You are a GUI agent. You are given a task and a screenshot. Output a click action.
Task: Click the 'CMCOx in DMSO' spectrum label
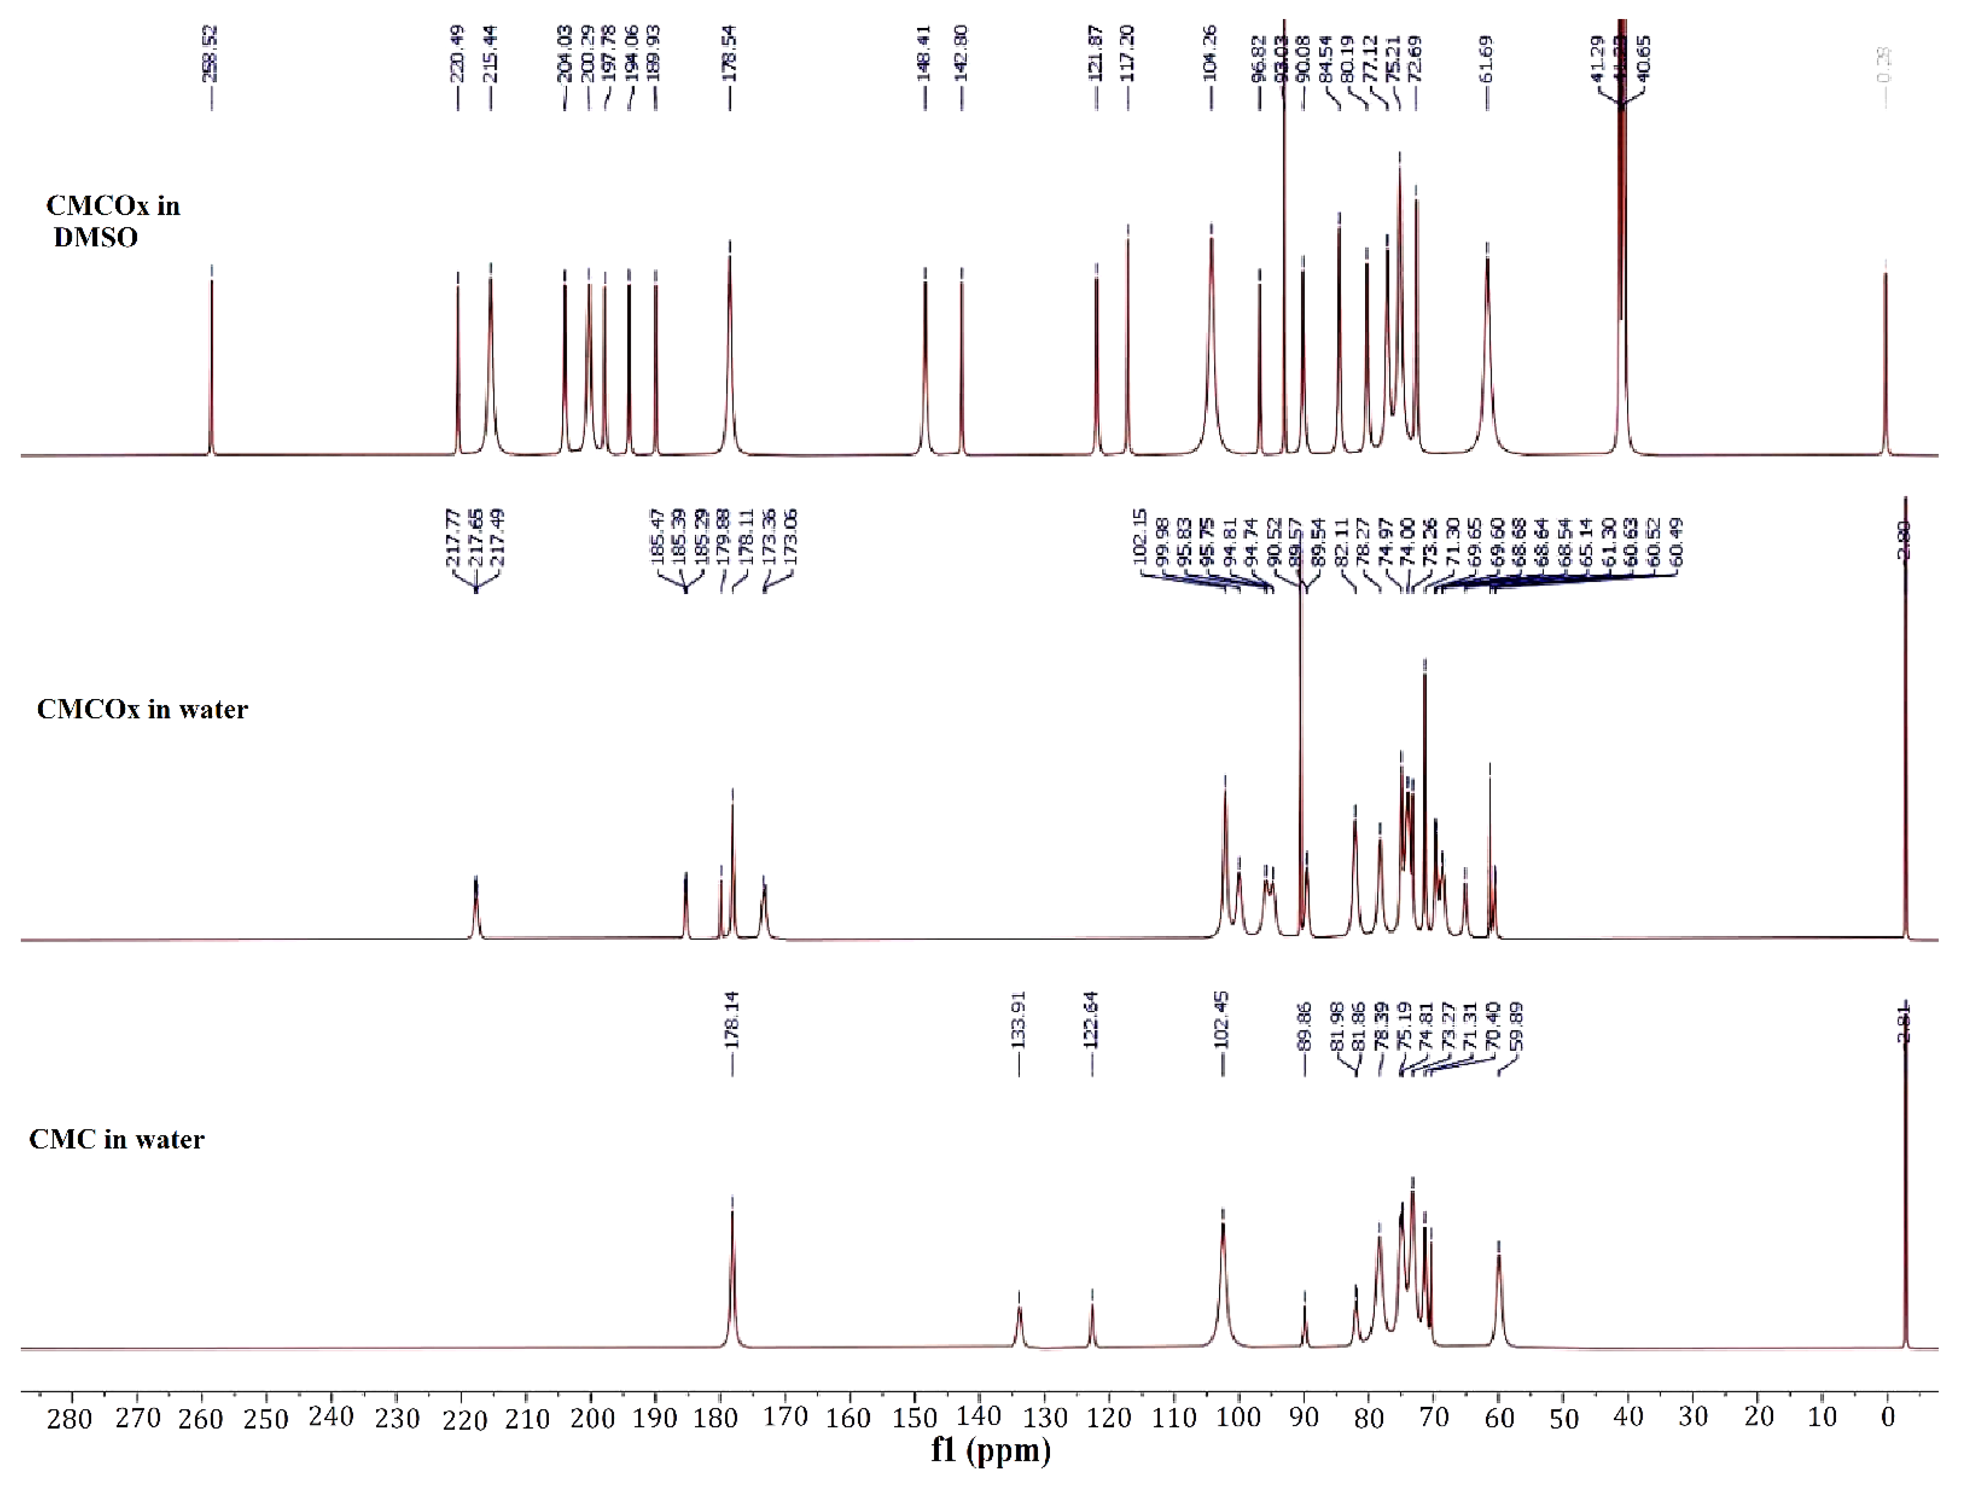point(113,221)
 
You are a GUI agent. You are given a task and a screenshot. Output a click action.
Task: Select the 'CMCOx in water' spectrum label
point(142,709)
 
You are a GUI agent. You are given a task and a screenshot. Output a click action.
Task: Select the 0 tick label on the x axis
point(1887,1418)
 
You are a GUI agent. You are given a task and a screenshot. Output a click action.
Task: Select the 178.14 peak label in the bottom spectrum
point(733,1021)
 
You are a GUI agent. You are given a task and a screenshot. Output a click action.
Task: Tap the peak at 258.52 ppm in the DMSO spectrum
point(211,355)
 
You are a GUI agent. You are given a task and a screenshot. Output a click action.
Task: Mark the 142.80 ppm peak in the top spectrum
point(961,355)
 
